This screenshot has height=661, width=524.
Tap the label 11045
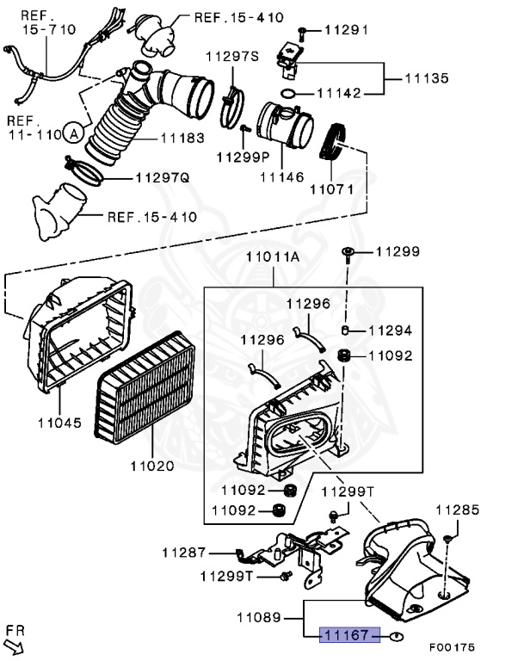tap(59, 423)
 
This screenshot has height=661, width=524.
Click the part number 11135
tap(428, 78)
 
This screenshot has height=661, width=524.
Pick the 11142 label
tap(344, 93)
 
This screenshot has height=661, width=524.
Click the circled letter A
tap(74, 133)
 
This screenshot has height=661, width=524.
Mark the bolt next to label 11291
tap(302, 32)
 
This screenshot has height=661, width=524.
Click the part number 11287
tap(184, 551)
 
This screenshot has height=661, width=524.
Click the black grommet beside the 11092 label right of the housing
tap(344, 355)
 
